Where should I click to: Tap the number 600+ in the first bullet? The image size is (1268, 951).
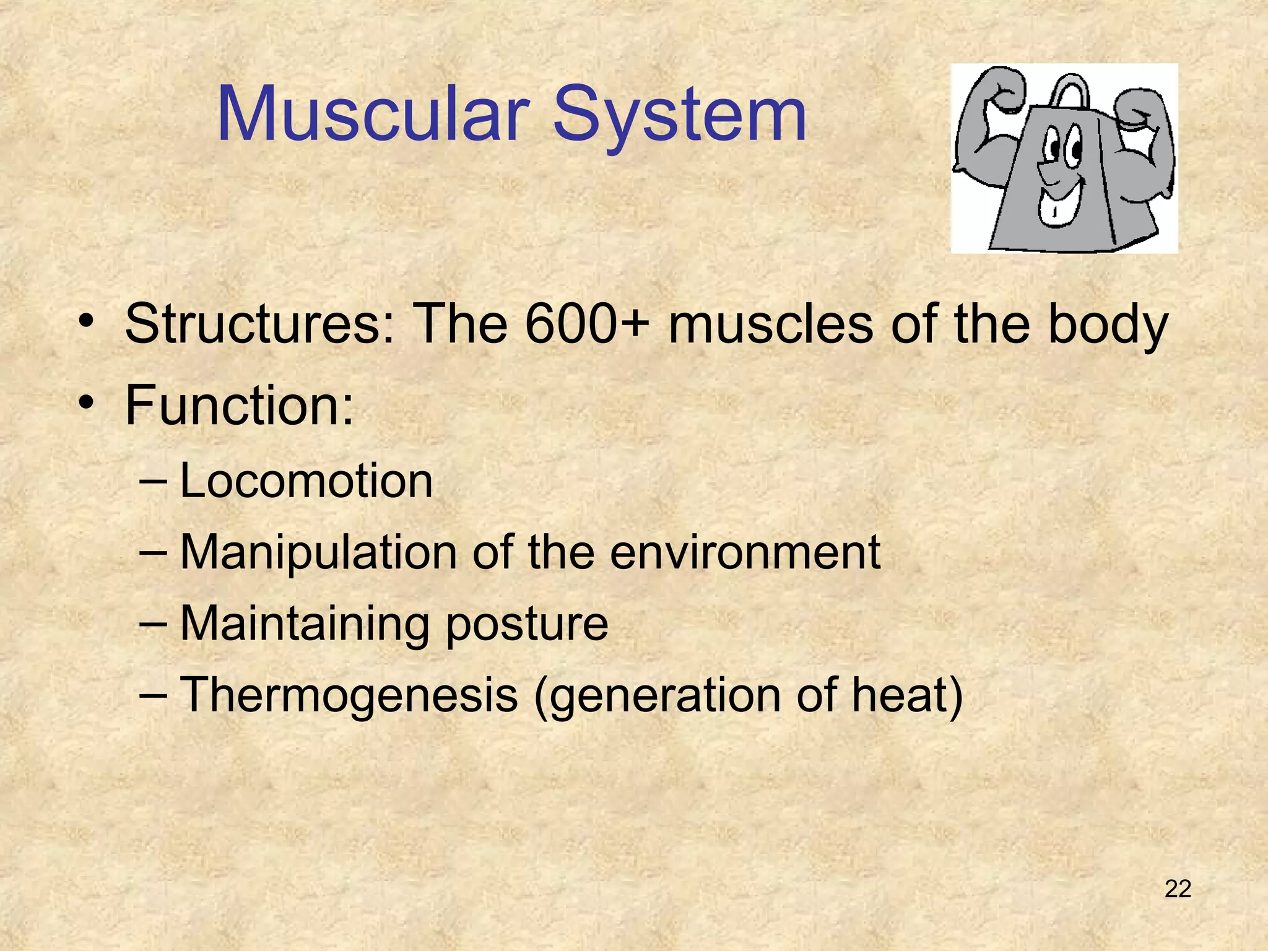click(588, 324)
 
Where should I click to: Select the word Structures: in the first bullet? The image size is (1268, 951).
click(260, 324)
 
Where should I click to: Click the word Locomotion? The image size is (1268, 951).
click(306, 481)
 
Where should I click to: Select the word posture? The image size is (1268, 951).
click(527, 624)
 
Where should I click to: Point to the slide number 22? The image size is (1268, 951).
click(1178, 889)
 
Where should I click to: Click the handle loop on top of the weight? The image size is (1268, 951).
click(1070, 90)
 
